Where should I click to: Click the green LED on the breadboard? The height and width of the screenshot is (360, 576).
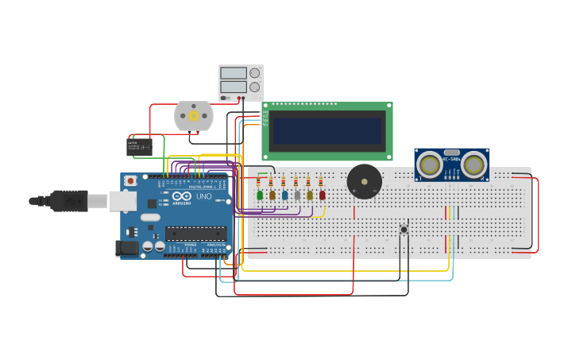point(260,195)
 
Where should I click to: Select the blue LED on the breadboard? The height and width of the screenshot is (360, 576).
point(284,195)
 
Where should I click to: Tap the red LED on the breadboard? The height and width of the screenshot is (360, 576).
point(322,195)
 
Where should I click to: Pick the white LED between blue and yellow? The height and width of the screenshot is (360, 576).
point(297,195)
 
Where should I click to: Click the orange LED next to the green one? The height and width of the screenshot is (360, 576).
point(272,195)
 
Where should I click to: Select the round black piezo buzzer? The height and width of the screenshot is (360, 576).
point(364,182)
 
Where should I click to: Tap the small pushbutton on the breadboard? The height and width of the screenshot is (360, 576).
point(404,230)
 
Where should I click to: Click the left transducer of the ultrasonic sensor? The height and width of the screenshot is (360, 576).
point(430,165)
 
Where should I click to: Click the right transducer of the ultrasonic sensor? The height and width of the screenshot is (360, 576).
point(474,165)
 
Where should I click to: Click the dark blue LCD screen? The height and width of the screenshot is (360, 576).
point(327,131)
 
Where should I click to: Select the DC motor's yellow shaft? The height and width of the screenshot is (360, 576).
point(193,116)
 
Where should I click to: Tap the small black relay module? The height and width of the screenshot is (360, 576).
point(140,147)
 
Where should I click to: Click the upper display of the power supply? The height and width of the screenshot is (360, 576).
point(234,73)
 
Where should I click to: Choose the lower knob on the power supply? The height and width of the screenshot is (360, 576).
point(254,87)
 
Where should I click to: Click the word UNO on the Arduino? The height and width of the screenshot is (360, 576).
point(203,196)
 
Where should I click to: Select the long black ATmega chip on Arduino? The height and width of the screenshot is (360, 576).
point(195,234)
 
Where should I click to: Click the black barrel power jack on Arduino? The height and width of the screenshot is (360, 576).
point(127,248)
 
